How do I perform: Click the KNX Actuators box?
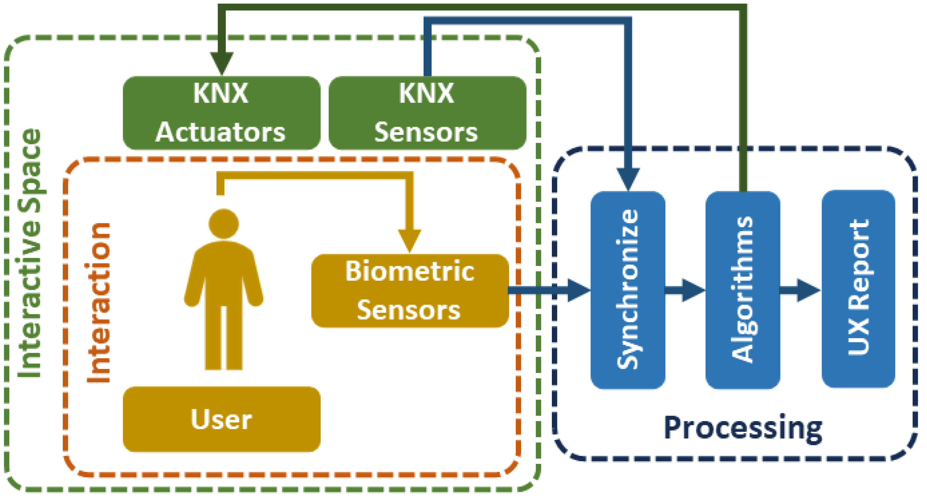pyautogui.click(x=221, y=113)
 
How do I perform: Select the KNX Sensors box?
pyautogui.click(x=427, y=113)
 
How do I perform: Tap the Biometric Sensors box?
pyautogui.click(x=410, y=291)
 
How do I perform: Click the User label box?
pyautogui.click(x=221, y=419)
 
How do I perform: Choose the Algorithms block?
pyautogui.click(x=742, y=290)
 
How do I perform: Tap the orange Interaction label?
pyautogui.click(x=98, y=302)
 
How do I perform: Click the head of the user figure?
pyautogui.click(x=223, y=224)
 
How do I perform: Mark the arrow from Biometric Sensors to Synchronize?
pyautogui.click(x=551, y=290)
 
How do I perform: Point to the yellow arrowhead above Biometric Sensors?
pyautogui.click(x=410, y=240)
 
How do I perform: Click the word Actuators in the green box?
pyautogui.click(x=221, y=132)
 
